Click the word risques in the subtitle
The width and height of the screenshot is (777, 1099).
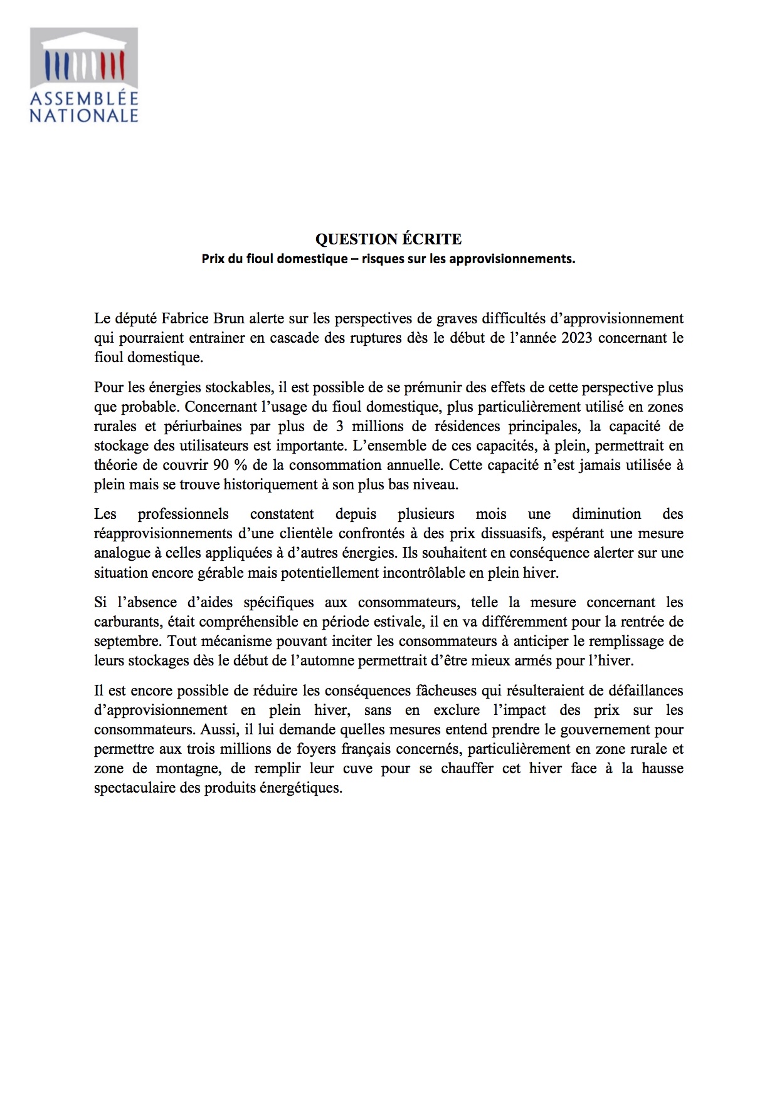tap(383, 259)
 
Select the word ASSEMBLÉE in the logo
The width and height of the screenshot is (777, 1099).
tap(84, 99)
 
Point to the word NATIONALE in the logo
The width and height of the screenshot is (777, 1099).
tap(84, 116)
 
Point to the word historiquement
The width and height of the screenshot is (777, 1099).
tap(272, 484)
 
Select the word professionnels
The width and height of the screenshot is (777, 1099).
tap(183, 514)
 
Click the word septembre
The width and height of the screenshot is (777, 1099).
tap(126, 641)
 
